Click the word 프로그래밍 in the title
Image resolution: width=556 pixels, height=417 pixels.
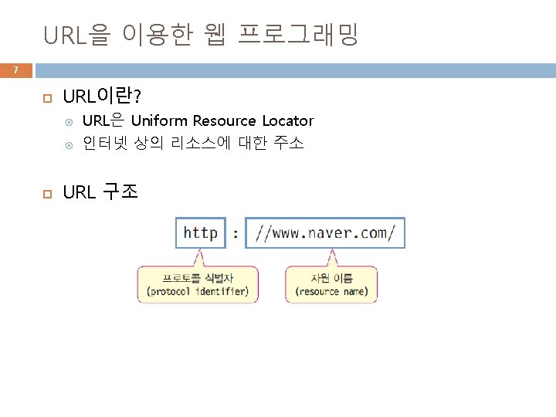[299, 34]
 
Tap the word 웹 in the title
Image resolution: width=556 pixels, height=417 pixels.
[215, 34]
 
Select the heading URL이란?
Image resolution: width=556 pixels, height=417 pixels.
[101, 97]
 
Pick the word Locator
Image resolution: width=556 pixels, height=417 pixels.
[288, 120]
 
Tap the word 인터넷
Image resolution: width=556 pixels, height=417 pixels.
[104, 143]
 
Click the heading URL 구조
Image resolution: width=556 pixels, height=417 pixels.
[100, 192]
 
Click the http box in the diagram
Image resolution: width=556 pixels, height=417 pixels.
[200, 232]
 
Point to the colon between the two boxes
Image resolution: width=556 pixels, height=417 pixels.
[235, 232]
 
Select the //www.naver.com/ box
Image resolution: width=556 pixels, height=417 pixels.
[325, 232]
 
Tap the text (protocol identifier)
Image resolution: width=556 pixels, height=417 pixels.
[198, 292]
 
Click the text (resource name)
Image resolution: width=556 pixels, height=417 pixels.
[331, 292]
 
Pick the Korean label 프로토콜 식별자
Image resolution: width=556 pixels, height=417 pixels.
[198, 278]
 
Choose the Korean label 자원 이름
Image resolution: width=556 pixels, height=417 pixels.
[331, 278]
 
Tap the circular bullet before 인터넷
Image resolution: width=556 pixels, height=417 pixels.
[68, 144]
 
